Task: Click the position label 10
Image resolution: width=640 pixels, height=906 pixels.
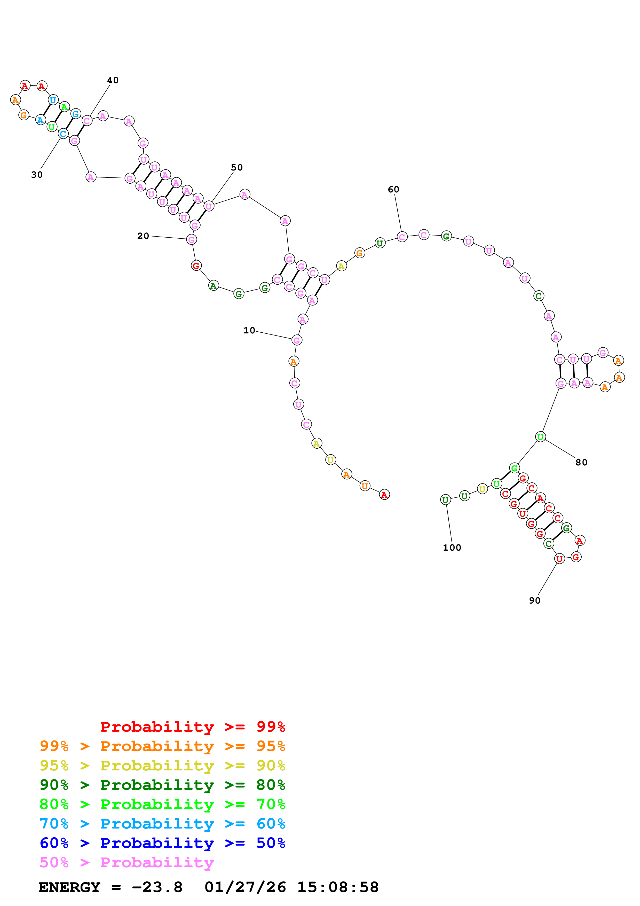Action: tap(249, 330)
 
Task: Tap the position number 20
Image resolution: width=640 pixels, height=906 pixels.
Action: tap(143, 236)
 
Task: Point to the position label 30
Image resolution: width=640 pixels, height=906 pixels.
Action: tap(37, 175)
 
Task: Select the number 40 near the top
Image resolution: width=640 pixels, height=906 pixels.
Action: tap(113, 80)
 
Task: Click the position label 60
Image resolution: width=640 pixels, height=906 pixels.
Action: tap(393, 189)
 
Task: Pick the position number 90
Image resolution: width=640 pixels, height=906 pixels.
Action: tap(534, 600)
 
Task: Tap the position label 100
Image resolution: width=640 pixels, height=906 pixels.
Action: tap(452, 548)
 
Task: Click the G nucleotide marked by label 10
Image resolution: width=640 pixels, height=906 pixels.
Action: tap(297, 340)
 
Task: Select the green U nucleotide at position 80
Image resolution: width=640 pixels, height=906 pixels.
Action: tap(540, 437)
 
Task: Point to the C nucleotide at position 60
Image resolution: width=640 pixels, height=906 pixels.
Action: tap(402, 237)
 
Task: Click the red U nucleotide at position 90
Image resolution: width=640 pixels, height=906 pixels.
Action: tap(559, 559)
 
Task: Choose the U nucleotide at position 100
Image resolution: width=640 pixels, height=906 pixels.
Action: tap(445, 500)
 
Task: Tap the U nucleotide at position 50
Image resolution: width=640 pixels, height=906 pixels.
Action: tap(209, 206)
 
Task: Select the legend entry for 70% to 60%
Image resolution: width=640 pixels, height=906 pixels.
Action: tap(162, 824)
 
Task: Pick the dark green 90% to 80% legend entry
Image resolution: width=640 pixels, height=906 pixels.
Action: tap(162, 785)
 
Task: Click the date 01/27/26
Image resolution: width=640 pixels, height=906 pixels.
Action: tap(245, 887)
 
